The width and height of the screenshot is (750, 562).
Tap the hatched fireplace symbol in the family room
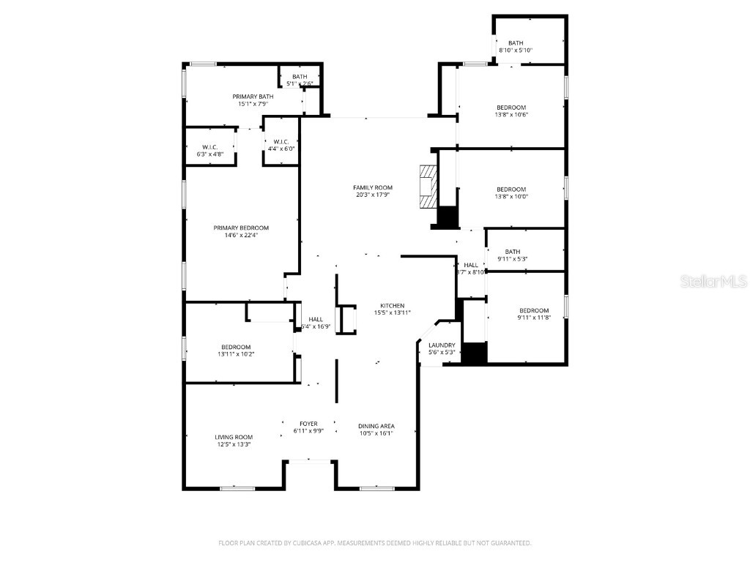tap(427, 187)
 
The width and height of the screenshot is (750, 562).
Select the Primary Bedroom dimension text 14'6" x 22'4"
tap(241, 235)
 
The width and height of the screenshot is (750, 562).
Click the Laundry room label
tap(442, 345)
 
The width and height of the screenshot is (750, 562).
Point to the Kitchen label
tap(392, 306)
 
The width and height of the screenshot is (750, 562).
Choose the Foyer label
tap(308, 424)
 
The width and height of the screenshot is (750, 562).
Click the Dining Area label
tap(376, 426)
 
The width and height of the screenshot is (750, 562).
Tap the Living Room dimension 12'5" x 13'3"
tap(234, 444)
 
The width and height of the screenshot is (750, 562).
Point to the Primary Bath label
tap(253, 97)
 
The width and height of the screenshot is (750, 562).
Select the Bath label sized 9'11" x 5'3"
tap(512, 252)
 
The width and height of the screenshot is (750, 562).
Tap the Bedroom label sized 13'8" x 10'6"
tap(510, 108)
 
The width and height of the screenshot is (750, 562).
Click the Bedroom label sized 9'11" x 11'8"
tap(534, 310)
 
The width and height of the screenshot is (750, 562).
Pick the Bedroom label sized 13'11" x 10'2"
tap(236, 347)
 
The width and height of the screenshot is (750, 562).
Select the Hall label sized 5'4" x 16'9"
tap(316, 319)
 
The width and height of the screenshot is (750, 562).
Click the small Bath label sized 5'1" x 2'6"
tap(300, 77)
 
